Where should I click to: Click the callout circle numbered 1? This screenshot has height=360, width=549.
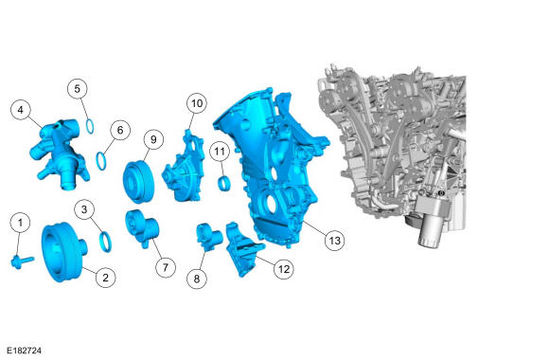click(20, 223)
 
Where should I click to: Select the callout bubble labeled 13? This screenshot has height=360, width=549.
click(335, 241)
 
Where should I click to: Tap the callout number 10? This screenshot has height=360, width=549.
click(197, 103)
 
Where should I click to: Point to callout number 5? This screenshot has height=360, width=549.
click(78, 89)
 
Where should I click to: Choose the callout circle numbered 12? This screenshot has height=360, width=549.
click(284, 269)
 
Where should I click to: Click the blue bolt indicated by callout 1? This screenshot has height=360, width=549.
click(23, 261)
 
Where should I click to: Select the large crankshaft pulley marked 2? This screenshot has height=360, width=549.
click(63, 252)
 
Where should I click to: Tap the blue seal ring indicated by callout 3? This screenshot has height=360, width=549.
click(105, 242)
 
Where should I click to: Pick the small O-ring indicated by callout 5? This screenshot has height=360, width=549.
click(90, 127)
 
